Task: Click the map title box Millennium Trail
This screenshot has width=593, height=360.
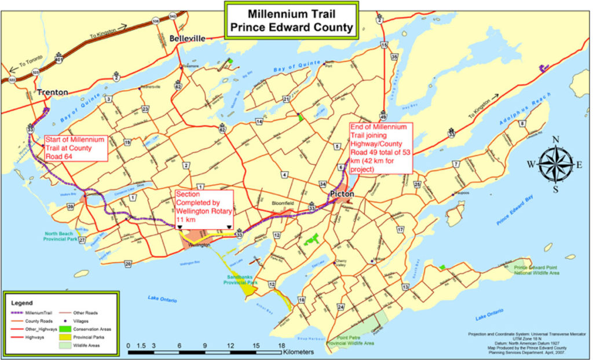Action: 292,20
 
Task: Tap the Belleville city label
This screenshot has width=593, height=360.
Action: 187,38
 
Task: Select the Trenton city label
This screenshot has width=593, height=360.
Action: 53,91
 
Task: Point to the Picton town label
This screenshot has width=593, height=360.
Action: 343,194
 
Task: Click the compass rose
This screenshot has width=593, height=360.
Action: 555,164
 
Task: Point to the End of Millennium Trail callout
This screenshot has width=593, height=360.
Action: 380,148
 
